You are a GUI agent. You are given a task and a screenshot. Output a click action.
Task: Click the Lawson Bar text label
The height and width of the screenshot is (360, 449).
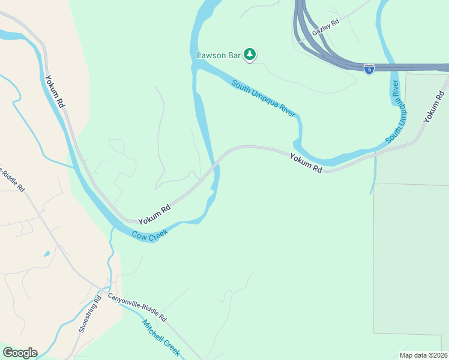(x=218, y=55)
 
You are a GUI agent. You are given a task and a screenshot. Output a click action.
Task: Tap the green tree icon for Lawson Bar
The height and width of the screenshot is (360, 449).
(x=250, y=55)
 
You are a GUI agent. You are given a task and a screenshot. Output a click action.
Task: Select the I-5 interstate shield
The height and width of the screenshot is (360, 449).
(x=369, y=69)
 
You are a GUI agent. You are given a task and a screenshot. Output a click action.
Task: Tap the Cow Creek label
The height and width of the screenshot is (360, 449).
(x=149, y=233)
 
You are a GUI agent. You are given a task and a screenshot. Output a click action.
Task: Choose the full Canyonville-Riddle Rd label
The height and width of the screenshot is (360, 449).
(x=137, y=306)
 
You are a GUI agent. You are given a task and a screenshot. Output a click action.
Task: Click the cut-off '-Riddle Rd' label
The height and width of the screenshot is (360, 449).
(x=12, y=179)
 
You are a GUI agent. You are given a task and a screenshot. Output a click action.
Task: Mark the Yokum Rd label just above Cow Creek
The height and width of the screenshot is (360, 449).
(x=155, y=214)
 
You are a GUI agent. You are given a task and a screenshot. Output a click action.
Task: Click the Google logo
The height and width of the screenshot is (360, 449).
(x=20, y=353)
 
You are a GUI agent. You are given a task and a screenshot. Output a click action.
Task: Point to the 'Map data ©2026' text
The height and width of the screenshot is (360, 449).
(x=423, y=355)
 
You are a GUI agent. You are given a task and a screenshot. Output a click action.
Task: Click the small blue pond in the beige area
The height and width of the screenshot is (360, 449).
(x=47, y=253)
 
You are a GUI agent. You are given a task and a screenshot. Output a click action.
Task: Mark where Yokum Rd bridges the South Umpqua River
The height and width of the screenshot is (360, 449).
(x=214, y=166)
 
